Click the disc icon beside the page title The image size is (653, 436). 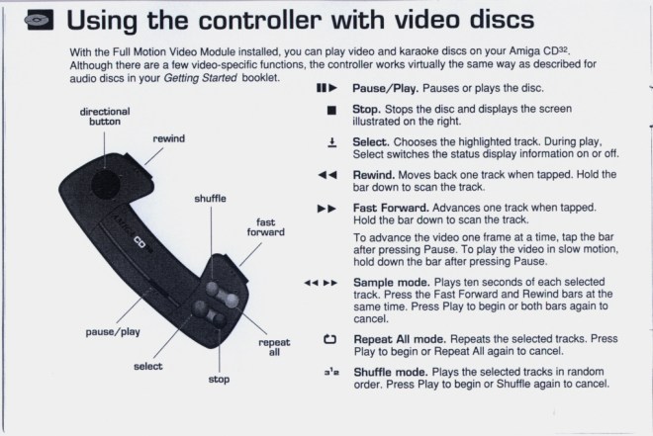click(39, 20)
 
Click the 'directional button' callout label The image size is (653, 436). click(105, 117)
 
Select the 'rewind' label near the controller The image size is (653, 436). click(168, 138)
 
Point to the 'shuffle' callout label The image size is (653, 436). click(211, 199)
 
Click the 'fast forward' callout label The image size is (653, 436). click(266, 227)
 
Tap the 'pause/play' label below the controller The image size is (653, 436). click(113, 331)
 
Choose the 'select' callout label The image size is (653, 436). click(147, 367)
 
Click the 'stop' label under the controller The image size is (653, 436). click(219, 380)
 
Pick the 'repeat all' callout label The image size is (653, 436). click(274, 347)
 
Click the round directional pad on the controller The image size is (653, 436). click(106, 184)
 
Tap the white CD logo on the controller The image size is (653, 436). click(140, 241)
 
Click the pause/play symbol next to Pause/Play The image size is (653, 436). click(326, 88)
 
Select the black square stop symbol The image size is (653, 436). click(331, 111)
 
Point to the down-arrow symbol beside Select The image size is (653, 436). click(331, 143)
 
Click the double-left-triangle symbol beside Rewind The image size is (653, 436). click(327, 175)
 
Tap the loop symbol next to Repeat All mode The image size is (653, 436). click(329, 339)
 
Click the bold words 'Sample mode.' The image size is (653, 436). click(392, 283)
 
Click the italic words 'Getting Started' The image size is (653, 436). click(200, 78)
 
